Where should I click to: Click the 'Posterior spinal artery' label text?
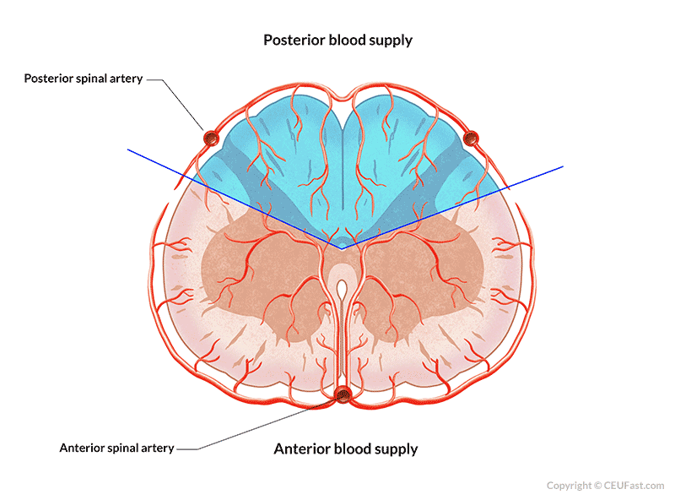(x=84, y=79)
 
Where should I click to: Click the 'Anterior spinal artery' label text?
(x=116, y=448)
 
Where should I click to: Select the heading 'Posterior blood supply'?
(x=337, y=40)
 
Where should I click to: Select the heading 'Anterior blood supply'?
(x=345, y=448)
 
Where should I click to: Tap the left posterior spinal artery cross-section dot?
(x=210, y=137)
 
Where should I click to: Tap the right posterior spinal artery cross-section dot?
(x=471, y=137)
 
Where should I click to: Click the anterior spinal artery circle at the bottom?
(x=343, y=394)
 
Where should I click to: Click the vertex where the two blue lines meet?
(x=342, y=248)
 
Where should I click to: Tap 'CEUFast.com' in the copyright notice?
(x=634, y=486)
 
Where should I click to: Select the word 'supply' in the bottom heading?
(x=396, y=448)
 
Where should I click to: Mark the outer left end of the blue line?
(x=128, y=150)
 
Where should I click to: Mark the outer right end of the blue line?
(x=562, y=167)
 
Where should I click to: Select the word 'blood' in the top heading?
(x=354, y=40)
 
